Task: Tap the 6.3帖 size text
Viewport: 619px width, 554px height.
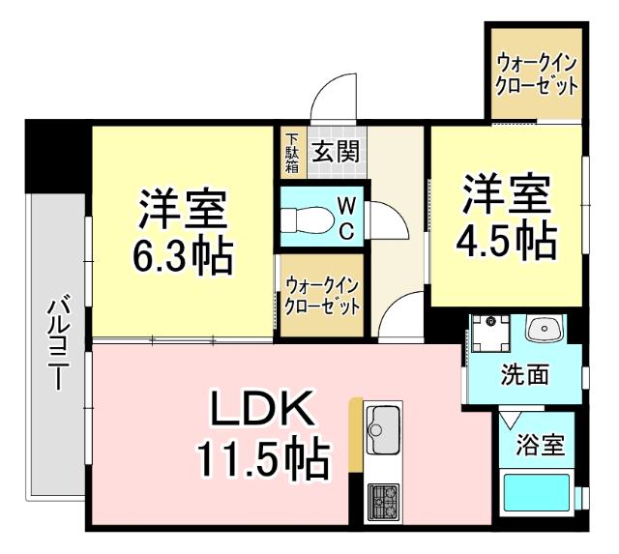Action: point(182,255)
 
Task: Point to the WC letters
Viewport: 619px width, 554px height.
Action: point(344,218)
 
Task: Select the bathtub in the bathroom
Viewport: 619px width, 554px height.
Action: point(538,495)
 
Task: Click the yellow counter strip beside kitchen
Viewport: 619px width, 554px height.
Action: point(355,434)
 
